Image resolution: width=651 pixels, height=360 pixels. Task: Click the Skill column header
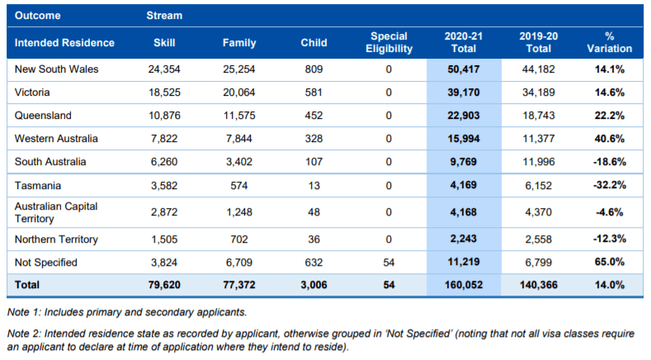pos(164,42)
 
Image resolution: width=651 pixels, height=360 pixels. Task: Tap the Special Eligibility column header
pos(389,42)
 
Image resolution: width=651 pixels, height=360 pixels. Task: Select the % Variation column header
pos(609,42)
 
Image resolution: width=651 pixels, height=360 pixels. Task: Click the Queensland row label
pos(43,115)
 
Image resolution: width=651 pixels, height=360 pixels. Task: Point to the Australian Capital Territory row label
pos(56,212)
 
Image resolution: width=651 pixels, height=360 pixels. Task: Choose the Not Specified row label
pos(45,263)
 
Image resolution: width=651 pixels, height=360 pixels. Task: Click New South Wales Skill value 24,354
pos(164,69)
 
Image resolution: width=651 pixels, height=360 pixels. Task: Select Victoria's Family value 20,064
pos(239,92)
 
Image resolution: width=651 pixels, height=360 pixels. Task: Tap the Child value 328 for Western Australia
pos(314,139)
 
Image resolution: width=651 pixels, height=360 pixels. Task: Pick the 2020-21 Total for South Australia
pos(464,162)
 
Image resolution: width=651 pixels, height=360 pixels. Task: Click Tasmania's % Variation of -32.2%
pos(609,185)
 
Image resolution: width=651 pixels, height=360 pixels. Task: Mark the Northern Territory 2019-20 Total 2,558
pos(539,239)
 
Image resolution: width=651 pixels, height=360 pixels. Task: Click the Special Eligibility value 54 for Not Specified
pos(389,263)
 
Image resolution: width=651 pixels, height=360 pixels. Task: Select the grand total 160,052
pos(464,285)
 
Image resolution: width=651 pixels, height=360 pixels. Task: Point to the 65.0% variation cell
pos(609,262)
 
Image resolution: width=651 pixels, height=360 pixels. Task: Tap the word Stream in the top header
pos(164,16)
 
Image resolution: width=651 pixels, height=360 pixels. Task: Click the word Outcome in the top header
pos(37,16)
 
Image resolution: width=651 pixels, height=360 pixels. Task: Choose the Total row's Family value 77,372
pos(239,285)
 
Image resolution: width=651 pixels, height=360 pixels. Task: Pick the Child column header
pos(314,42)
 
